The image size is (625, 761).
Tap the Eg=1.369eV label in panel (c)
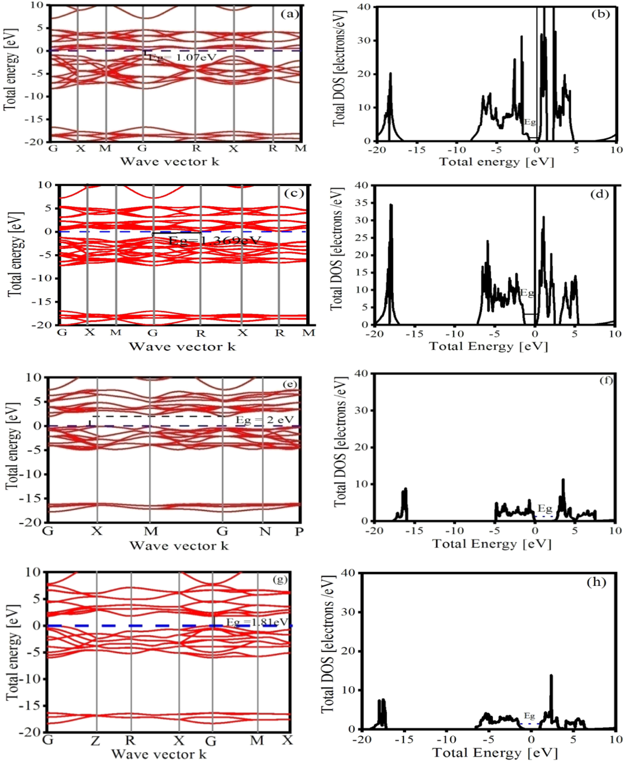[215, 240]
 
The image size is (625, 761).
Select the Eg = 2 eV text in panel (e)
[265, 420]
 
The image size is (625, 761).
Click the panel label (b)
[600, 14]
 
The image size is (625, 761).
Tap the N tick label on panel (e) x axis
[265, 531]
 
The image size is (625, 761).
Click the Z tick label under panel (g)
[96, 740]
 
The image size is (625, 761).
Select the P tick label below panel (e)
[299, 531]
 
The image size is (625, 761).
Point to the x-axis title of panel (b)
[497, 161]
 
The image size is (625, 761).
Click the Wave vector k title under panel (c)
[182, 346]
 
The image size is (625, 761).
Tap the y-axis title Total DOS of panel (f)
[340, 441]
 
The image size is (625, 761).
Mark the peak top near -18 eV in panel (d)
[391, 205]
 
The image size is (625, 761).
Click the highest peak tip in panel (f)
[563, 480]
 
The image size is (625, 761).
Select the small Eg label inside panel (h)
[529, 716]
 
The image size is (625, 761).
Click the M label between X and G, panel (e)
[151, 531]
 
